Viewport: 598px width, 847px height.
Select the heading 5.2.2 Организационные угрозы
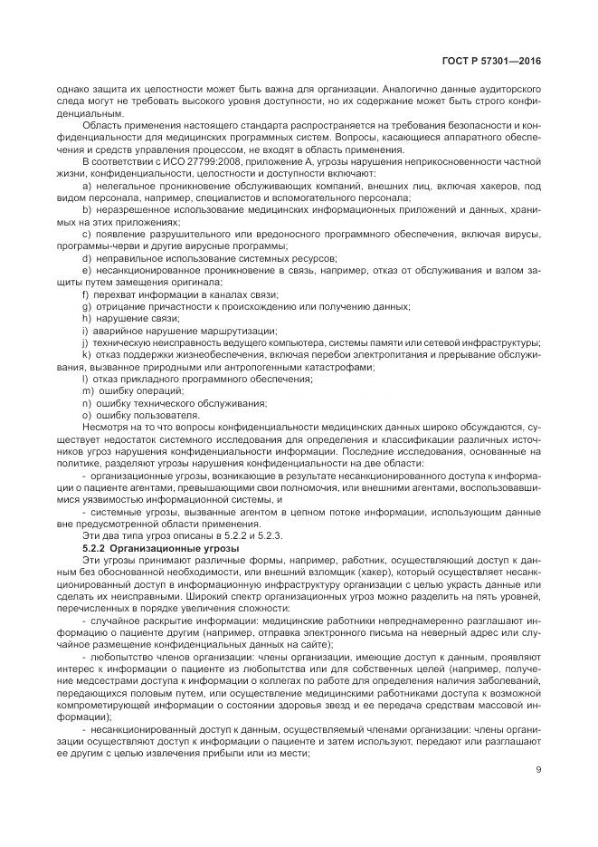click(147, 547)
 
